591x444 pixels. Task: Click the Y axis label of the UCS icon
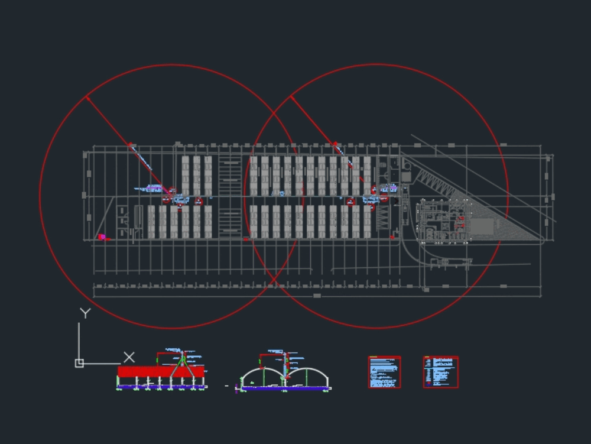(85, 313)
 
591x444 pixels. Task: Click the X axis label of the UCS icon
(129, 357)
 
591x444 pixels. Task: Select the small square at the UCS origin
(79, 363)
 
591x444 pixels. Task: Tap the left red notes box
(384, 372)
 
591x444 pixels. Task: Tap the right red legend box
(440, 372)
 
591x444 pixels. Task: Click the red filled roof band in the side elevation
(142, 371)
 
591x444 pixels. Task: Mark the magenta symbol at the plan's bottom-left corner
(102, 237)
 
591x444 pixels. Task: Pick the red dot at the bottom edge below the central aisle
(246, 239)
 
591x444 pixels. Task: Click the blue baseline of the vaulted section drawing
(284, 388)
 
